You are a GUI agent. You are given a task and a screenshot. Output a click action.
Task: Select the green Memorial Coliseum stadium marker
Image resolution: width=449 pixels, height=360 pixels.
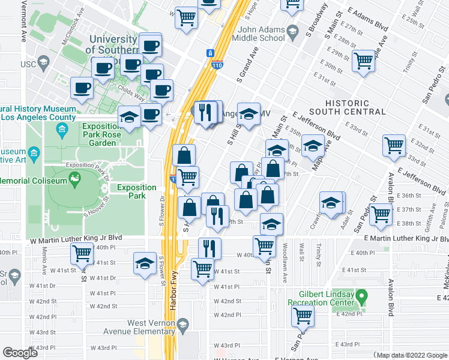pos(75,177)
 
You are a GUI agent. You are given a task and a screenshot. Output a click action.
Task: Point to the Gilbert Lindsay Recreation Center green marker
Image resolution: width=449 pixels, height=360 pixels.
pos(361,296)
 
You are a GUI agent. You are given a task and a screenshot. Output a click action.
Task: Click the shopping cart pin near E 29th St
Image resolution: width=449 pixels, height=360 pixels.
pos(364,61)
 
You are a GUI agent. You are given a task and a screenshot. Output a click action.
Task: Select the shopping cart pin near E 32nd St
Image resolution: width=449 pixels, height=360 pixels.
pos(394,145)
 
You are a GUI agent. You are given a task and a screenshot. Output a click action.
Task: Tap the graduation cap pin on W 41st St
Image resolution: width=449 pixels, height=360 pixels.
pos(145,264)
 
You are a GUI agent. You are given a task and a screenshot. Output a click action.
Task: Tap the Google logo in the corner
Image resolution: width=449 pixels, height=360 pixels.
pos(21,353)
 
